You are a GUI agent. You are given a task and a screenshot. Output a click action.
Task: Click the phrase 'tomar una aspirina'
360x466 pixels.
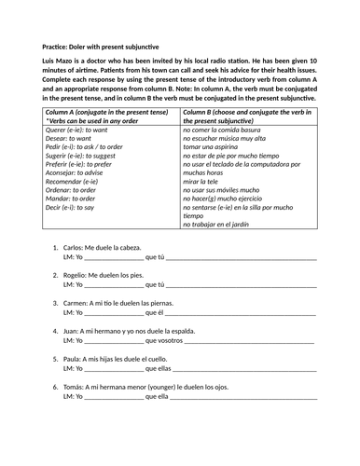[x=215, y=148]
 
